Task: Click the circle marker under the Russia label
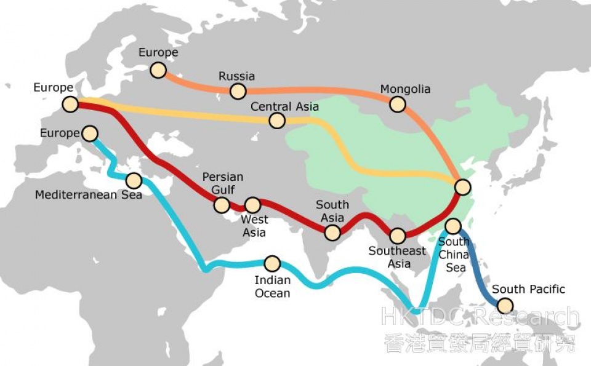click(238, 92)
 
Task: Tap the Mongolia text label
click(405, 89)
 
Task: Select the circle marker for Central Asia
click(278, 121)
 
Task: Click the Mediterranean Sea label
click(89, 195)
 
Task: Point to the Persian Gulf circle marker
click(221, 205)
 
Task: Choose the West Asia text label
click(254, 226)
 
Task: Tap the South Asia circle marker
click(332, 232)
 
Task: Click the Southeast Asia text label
click(398, 257)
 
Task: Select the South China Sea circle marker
click(452, 226)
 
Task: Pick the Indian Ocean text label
click(272, 287)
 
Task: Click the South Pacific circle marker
click(505, 305)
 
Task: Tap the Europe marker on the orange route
click(158, 70)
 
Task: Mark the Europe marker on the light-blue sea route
click(90, 133)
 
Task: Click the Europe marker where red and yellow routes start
click(70, 105)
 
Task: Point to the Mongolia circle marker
click(398, 105)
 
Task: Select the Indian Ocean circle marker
click(272, 264)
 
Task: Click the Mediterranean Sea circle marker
click(134, 180)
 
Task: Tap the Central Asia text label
click(284, 106)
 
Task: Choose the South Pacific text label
click(528, 289)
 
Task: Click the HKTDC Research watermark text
click(480, 317)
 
